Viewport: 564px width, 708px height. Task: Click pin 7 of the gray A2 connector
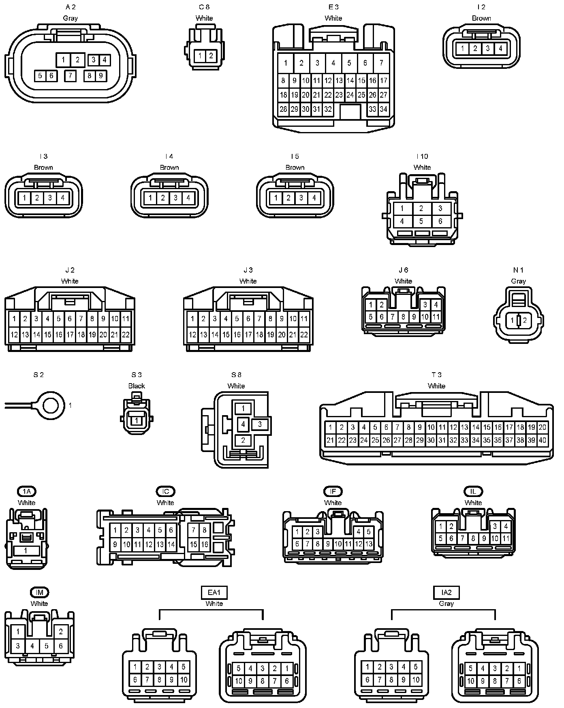(70, 75)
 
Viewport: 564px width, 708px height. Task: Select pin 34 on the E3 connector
(383, 109)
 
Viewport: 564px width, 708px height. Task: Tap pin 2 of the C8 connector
(211, 56)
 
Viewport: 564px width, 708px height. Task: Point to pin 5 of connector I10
(421, 221)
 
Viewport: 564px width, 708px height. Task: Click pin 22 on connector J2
(126, 335)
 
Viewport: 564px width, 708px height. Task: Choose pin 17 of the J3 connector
(248, 335)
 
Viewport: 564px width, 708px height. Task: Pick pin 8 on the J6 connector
(403, 317)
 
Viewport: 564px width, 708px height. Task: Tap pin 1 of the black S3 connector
(137, 420)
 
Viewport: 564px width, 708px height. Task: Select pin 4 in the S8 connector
(243, 424)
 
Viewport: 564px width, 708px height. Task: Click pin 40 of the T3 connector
(542, 440)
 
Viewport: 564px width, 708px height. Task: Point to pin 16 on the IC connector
(205, 544)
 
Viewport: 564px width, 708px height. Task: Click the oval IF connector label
(333, 491)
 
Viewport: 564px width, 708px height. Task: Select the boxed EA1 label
(214, 593)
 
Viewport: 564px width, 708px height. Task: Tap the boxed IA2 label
(446, 593)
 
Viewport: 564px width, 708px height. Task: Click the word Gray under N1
(519, 281)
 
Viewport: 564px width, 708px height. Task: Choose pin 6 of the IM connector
(61, 646)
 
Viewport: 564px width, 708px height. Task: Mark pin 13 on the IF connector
(369, 544)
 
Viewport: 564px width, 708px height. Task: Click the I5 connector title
(295, 156)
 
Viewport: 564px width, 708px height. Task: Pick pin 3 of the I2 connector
(488, 49)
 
